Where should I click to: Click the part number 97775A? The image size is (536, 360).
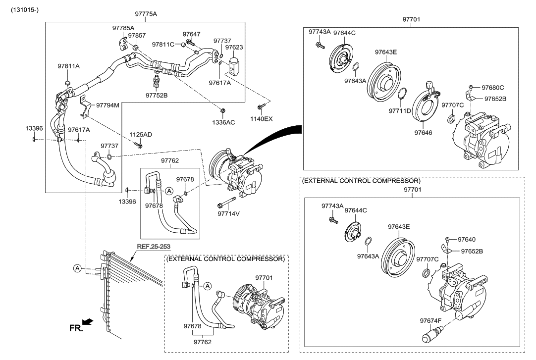coord(146,14)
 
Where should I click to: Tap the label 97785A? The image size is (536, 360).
coord(123,28)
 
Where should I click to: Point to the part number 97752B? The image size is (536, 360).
coord(157,95)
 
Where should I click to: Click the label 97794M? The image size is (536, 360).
coord(107,105)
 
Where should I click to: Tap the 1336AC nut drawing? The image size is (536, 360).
coord(222,110)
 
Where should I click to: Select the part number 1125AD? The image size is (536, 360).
coord(141,135)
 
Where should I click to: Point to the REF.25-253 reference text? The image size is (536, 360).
coord(156,246)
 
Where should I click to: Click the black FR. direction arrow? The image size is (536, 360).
coord(88,322)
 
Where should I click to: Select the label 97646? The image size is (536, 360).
coord(424,133)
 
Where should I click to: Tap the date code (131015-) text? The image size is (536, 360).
coord(24,9)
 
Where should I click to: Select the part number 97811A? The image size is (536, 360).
coord(68,66)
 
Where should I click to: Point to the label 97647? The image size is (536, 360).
coord(192,34)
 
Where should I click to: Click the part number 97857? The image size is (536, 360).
coord(137,36)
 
